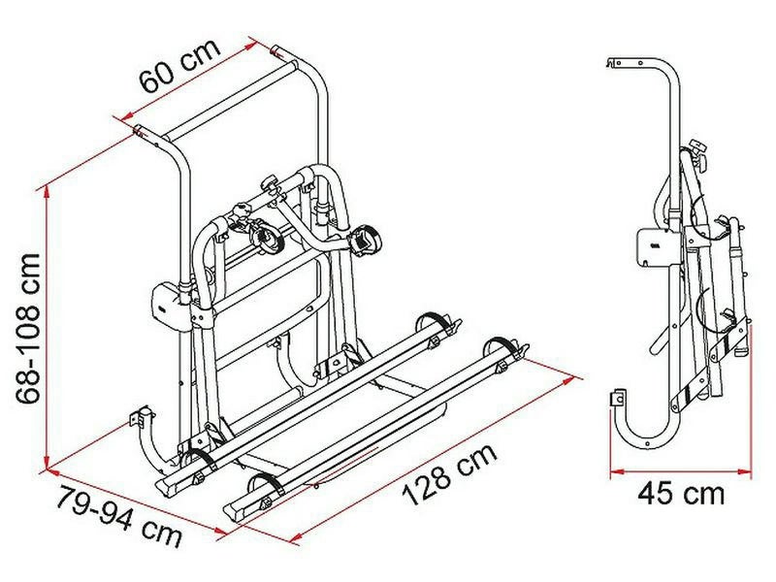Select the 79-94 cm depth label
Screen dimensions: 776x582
(118, 517)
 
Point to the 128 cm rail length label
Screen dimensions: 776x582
(449, 474)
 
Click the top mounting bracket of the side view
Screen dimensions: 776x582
(625, 62)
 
